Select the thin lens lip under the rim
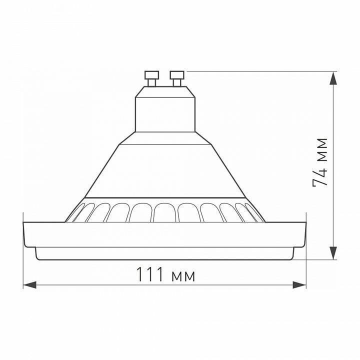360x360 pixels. tap(165, 254)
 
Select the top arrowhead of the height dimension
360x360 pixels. tap(334, 79)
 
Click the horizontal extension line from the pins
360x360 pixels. tap(260, 71)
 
